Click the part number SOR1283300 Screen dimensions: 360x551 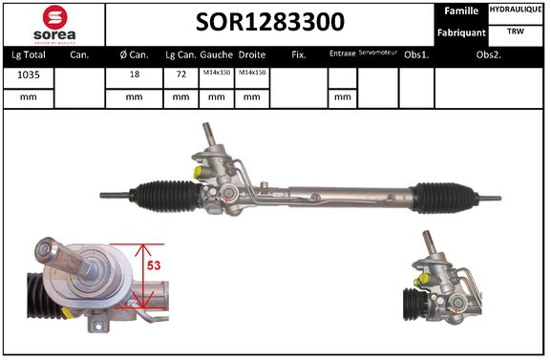[x=270, y=22]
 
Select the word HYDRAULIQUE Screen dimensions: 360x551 [x=517, y=10]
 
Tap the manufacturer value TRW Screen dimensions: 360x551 [x=517, y=32]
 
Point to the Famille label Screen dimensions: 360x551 [x=463, y=11]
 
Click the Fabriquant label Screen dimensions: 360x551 [x=461, y=32]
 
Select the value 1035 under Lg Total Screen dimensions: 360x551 [x=28, y=75]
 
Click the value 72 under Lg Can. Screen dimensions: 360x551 [x=180, y=75]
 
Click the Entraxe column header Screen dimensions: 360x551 [x=342, y=54]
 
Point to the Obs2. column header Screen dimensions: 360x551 [x=490, y=54]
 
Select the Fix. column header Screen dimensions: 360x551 [x=298, y=54]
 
